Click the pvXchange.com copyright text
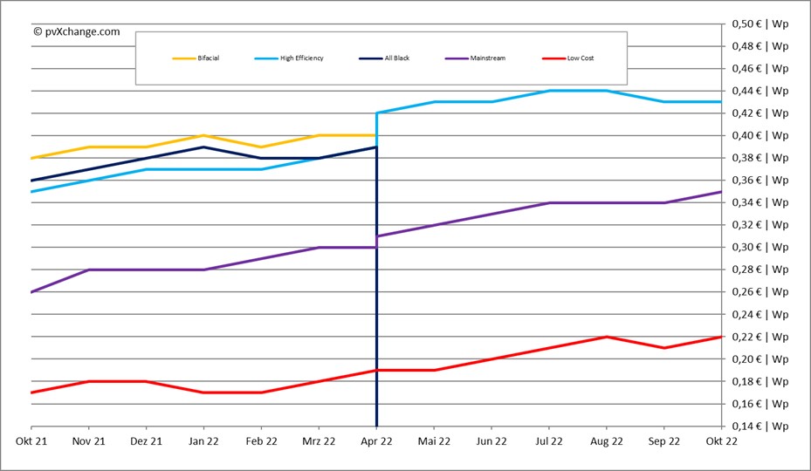(x=77, y=31)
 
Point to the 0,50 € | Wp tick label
(x=760, y=23)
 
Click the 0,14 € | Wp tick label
(x=760, y=427)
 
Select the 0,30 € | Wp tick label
(x=760, y=247)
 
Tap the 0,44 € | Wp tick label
(x=760, y=90)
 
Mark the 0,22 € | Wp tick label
(x=760, y=337)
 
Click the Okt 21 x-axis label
(x=30, y=441)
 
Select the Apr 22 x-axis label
(x=376, y=441)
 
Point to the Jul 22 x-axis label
(x=549, y=441)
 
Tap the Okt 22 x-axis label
(x=721, y=441)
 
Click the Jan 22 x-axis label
(x=203, y=441)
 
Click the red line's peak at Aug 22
(x=607, y=337)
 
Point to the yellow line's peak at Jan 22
(x=203, y=135)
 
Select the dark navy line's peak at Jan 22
(x=203, y=147)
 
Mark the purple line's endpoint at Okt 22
(x=721, y=192)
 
